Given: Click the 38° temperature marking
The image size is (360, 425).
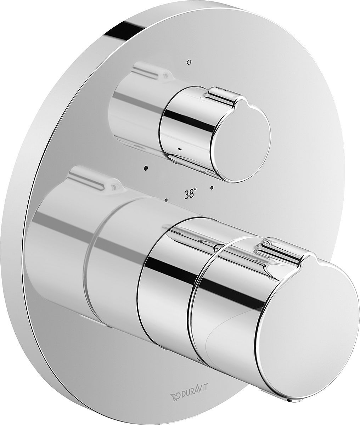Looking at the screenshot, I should (x=190, y=194).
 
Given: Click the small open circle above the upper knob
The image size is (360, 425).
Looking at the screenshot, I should (x=189, y=62).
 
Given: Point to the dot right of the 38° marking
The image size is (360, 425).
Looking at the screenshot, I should (x=212, y=187).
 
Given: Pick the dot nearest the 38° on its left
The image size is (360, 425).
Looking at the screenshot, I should (x=165, y=200).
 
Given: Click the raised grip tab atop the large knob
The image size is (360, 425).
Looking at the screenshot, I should (x=280, y=248).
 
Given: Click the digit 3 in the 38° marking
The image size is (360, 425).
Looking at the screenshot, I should (x=186, y=194).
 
